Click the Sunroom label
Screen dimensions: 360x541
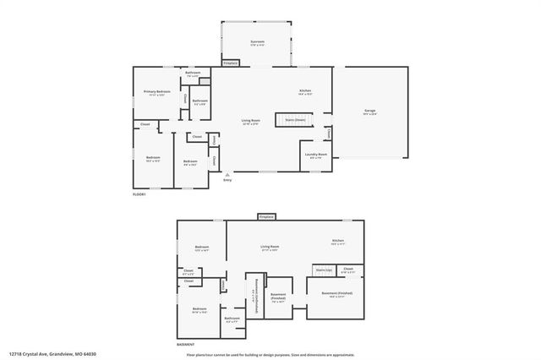tap(257, 43)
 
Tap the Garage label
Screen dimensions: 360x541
tap(369, 112)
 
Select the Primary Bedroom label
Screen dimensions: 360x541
tap(157, 92)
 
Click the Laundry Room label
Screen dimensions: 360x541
tap(316, 155)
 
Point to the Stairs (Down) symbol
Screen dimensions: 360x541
tap(295, 120)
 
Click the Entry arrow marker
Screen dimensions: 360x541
tap(227, 175)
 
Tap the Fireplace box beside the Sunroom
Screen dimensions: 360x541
tap(230, 63)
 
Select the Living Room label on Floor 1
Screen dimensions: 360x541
tap(250, 123)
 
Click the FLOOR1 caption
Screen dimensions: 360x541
tap(139, 195)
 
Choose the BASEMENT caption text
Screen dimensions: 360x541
tap(185, 344)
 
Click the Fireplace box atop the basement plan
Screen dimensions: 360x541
tap(266, 217)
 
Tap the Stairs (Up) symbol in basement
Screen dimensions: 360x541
tap(323, 270)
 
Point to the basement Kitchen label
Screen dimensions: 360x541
tap(337, 242)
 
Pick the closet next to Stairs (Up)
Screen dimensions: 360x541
tap(348, 270)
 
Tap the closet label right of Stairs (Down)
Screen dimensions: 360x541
tap(328, 133)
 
